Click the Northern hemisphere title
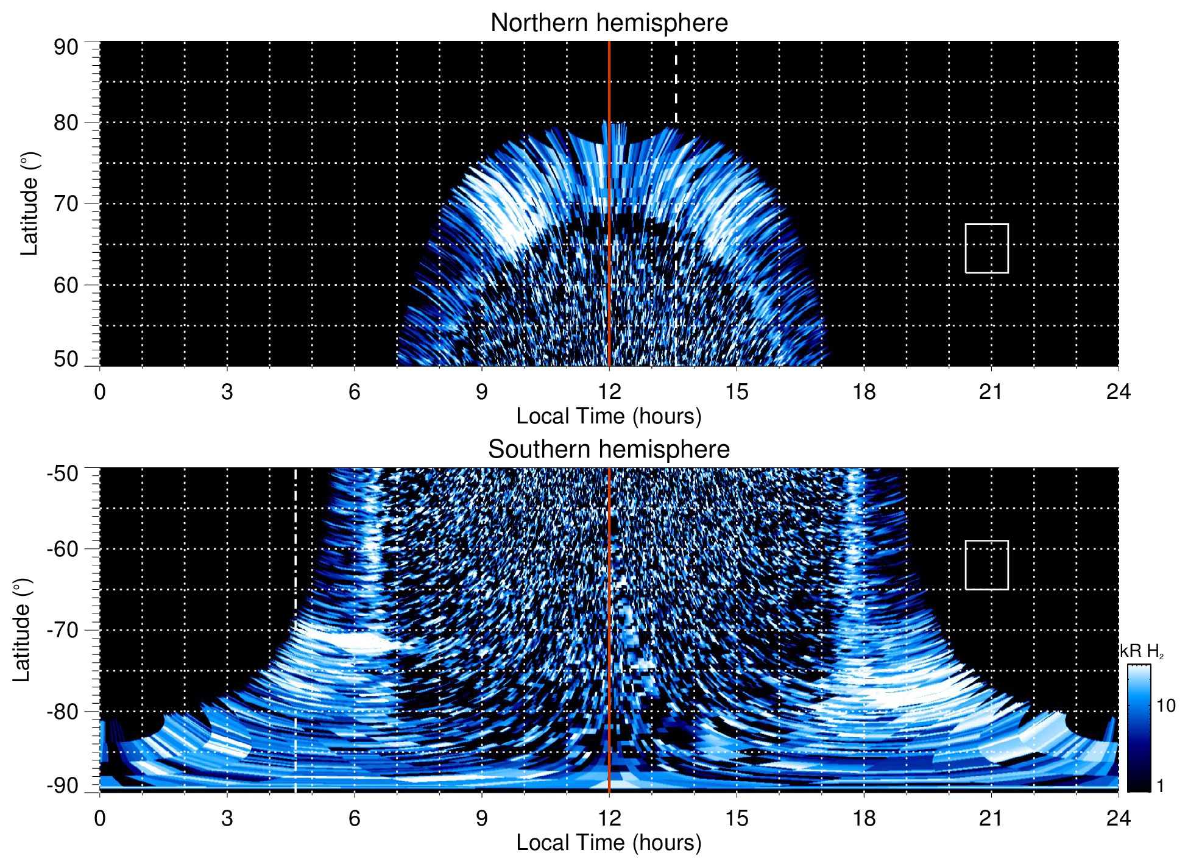coord(609,23)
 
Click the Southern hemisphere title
coord(609,450)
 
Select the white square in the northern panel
coord(986,248)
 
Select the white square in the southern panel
coord(986,565)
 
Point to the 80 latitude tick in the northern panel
coord(66,122)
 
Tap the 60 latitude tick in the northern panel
coord(66,285)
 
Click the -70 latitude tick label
coord(63,630)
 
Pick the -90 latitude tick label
coord(63,785)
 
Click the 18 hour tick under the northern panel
coord(864,392)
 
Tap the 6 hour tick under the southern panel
coord(354,818)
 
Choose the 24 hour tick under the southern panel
coord(1118,818)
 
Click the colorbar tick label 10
coord(1165,706)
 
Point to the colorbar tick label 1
coord(1160,786)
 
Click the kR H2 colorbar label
coord(1142,651)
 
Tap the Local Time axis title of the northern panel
coord(609,416)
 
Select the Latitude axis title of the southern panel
coord(21,630)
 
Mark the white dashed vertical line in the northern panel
coord(676,82)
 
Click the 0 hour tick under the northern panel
coord(100,392)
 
